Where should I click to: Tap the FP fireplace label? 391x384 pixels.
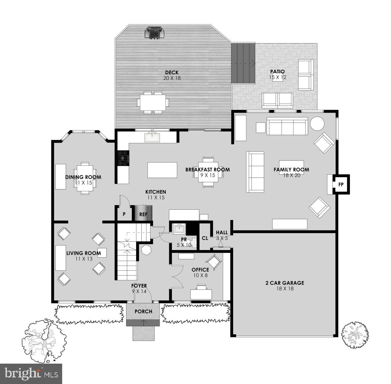[341, 184]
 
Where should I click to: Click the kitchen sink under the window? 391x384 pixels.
[152, 137]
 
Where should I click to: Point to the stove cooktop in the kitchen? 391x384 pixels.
[123, 159]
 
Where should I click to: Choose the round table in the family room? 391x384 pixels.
[317, 124]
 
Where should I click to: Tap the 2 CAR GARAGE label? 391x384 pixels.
[285, 283]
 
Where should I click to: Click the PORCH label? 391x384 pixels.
[143, 311]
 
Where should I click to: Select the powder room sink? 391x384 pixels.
[179, 229]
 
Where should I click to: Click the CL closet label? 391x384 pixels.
[205, 238]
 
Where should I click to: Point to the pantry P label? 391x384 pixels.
[124, 214]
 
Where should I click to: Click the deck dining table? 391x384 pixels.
[152, 102]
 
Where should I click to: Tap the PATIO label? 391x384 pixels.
[277, 71]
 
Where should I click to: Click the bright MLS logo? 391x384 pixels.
[31, 373]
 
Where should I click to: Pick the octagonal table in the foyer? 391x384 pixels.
[146, 250]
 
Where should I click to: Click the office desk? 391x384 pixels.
[201, 294]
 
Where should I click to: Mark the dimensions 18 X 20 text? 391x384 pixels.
[291, 175]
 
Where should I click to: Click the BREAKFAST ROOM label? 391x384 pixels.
[208, 170]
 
